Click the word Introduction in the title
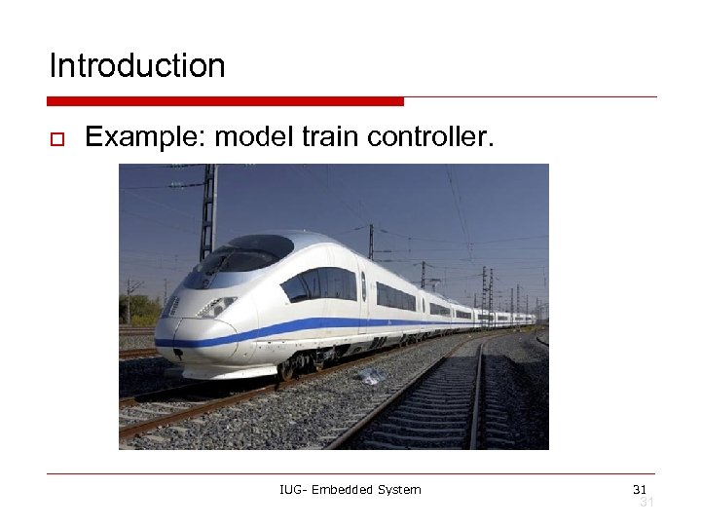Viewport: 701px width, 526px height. pyautogui.click(x=137, y=66)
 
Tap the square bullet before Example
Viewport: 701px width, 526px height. pyautogui.click(x=57, y=140)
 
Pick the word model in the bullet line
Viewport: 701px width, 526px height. pyautogui.click(x=254, y=138)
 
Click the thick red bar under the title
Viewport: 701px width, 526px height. pyautogui.click(x=225, y=101)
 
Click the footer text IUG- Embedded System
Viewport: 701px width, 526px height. pyautogui.click(x=350, y=489)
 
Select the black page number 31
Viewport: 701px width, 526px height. pyautogui.click(x=640, y=488)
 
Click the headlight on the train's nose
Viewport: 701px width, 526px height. pyautogui.click(x=216, y=307)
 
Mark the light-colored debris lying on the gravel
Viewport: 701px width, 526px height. pyautogui.click(x=369, y=376)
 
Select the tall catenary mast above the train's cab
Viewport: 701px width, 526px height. pyautogui.click(x=207, y=209)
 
